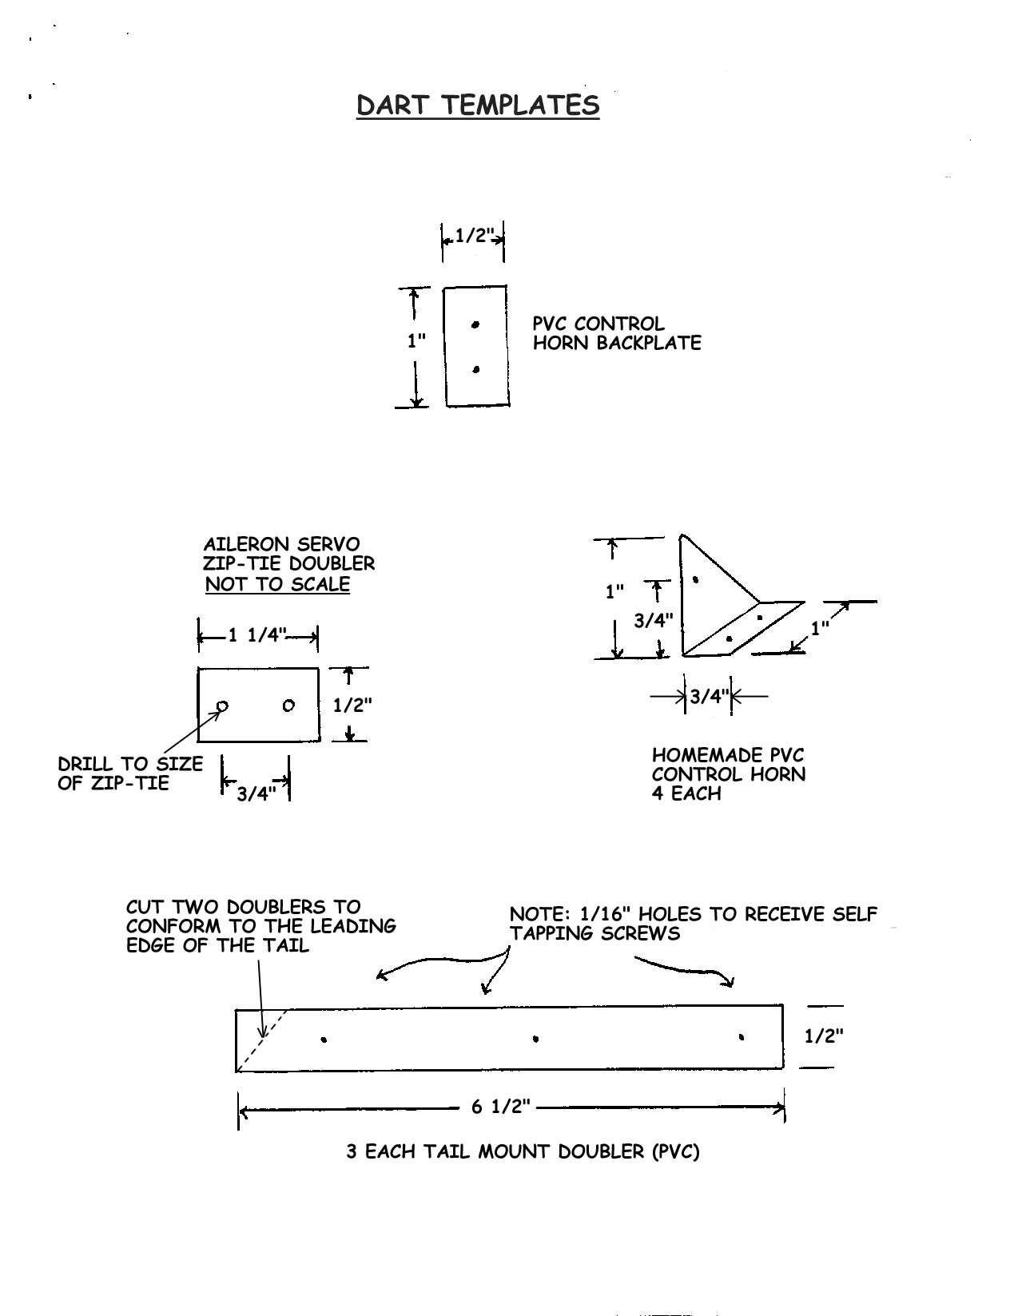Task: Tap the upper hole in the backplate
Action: tap(475, 324)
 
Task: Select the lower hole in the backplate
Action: tap(476, 369)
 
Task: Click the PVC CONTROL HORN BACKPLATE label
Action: tap(616, 333)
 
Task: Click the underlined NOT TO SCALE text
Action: tap(277, 584)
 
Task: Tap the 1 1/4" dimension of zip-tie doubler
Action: tap(256, 635)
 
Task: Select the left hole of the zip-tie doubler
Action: tap(222, 706)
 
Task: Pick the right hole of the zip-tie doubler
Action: tap(288, 706)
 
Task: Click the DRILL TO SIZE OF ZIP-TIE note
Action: tap(130, 773)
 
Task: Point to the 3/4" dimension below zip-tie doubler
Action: tap(256, 793)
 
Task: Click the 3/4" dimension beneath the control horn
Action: tap(709, 696)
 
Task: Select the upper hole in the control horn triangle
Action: tap(695, 579)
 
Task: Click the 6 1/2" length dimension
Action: tap(501, 1107)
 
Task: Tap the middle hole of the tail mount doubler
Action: tap(535, 1040)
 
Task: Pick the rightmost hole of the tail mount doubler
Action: tap(742, 1037)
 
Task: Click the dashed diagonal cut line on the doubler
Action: tap(261, 1040)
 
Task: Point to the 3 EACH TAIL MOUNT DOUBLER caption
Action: tap(523, 1151)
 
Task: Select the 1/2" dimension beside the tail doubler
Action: tap(824, 1036)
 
